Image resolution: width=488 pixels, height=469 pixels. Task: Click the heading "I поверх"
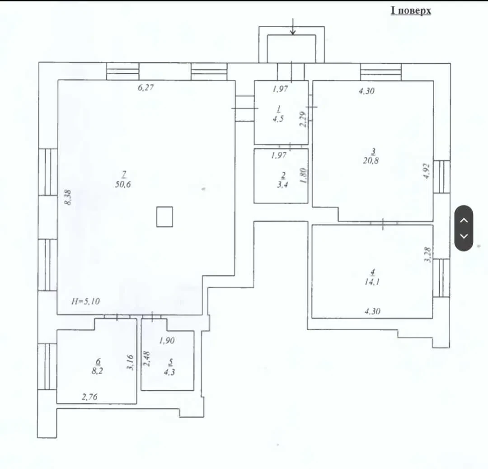[411, 10]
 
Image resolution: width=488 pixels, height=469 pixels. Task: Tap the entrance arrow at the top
[292, 26]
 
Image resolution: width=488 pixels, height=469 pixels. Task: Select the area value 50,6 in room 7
[123, 184]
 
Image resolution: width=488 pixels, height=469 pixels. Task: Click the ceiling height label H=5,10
[85, 301]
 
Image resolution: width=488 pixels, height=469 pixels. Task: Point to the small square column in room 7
[164, 216]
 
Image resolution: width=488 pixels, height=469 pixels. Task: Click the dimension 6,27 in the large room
[145, 88]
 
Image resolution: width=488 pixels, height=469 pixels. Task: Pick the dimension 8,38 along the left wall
[68, 197]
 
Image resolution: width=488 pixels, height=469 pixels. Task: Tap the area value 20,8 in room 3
[371, 160]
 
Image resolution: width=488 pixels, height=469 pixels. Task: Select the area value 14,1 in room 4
[372, 282]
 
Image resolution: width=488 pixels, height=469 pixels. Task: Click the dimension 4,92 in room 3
[427, 171]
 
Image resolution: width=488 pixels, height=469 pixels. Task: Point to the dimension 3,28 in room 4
[428, 255]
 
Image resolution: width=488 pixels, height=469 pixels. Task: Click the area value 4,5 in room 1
[278, 118]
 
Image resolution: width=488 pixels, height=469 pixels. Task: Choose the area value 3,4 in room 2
[282, 184]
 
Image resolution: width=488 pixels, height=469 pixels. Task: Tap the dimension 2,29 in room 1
[303, 119]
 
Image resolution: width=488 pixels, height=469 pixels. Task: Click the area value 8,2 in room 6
[97, 371]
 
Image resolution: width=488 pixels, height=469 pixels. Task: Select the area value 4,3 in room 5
[169, 371]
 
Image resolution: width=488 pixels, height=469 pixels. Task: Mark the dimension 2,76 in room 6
[89, 397]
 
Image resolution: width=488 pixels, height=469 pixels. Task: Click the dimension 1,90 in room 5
[167, 341]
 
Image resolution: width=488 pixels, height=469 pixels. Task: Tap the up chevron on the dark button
[464, 220]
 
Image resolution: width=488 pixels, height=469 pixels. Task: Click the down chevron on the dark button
[464, 236]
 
